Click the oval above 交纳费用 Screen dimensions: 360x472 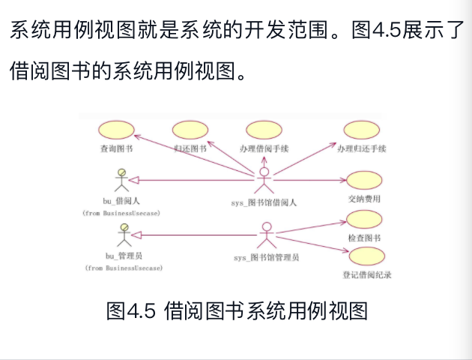[364, 180]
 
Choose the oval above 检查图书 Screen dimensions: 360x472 [364, 218]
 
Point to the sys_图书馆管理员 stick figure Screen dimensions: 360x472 [265, 234]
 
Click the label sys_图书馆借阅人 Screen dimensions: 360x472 [264, 202]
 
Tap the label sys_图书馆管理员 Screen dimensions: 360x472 [266, 257]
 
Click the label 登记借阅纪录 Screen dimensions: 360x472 [367, 274]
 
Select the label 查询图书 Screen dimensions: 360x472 [116, 148]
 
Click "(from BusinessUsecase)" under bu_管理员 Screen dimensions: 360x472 [124, 268]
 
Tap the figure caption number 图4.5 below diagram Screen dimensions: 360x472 [130, 310]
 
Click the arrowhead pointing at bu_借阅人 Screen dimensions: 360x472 [136, 179]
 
